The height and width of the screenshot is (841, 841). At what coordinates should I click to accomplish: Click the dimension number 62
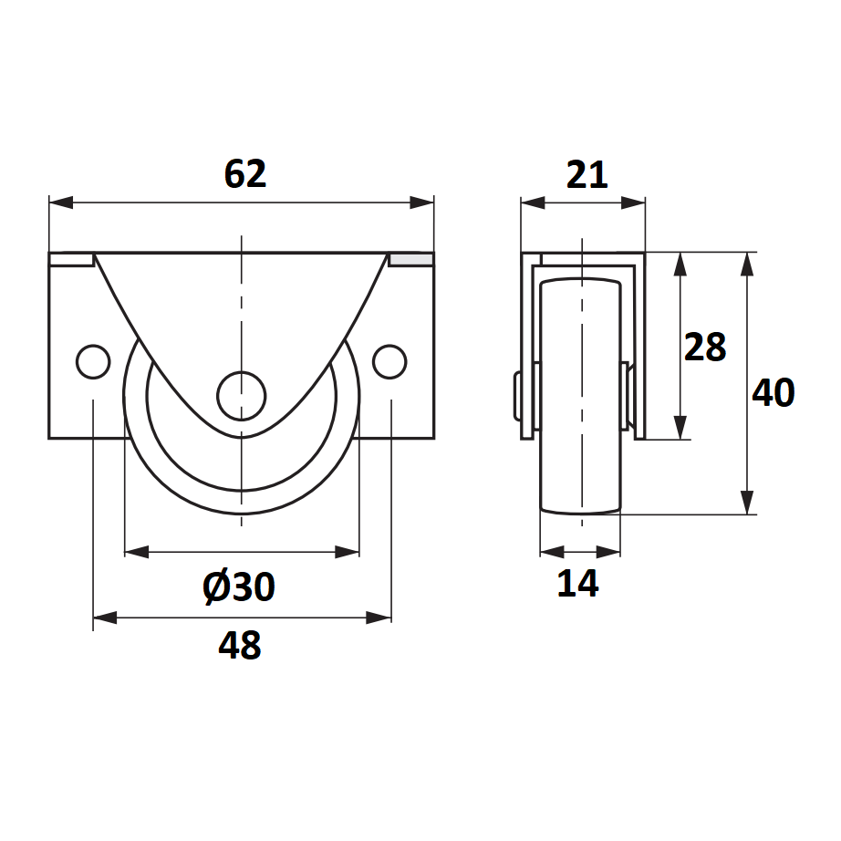click(245, 174)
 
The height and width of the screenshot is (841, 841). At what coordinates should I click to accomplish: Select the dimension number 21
click(587, 174)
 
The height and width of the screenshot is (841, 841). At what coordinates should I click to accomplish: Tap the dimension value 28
click(705, 347)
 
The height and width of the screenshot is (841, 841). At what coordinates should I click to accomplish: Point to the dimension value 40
click(773, 392)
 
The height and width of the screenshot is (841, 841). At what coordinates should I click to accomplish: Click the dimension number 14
click(577, 583)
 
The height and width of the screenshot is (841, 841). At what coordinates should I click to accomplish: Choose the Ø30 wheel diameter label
click(239, 587)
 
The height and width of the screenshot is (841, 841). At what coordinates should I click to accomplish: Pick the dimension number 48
click(240, 645)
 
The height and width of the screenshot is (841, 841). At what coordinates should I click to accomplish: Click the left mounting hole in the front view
click(93, 361)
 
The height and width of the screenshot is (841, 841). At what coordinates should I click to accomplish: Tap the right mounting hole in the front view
click(389, 361)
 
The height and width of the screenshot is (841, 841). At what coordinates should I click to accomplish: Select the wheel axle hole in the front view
click(242, 396)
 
